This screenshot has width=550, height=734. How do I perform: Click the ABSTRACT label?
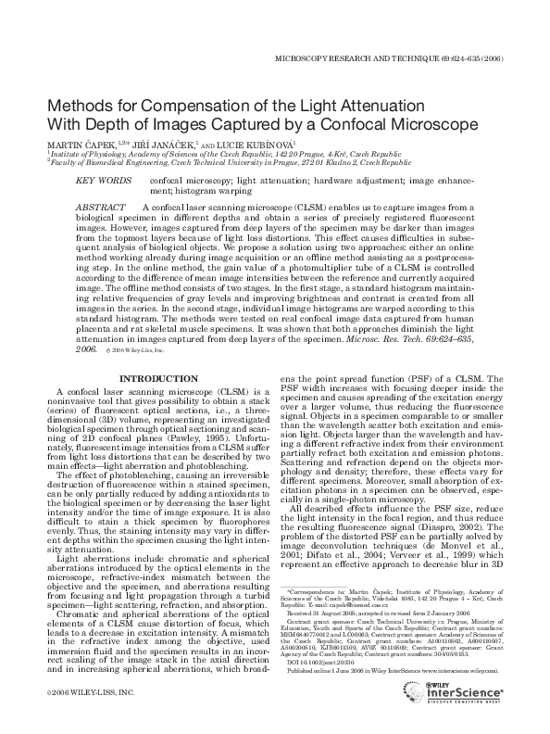[x=99, y=206]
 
